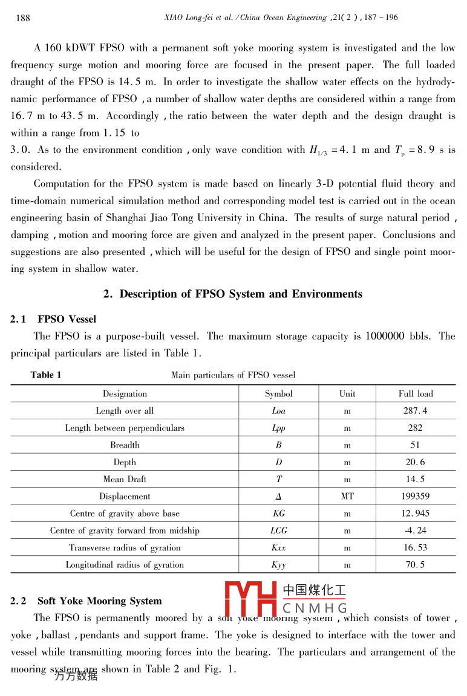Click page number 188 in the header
pos(22,18)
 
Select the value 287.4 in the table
pos(416,411)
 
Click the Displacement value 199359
pos(416,497)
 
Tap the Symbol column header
pos(278,394)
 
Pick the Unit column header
pos(347,394)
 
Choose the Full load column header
pos(416,394)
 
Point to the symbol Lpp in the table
pos(278,428)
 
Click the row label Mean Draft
pos(125,479)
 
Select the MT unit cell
pos(347,497)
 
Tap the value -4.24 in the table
pos(416,530)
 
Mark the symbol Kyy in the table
pos(278,565)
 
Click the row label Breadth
pos(125,445)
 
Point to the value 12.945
pos(416,514)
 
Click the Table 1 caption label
pos(46,375)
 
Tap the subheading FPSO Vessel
pos(67,319)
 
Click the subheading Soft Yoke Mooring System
pos(99,601)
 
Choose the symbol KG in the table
pos(278,514)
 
